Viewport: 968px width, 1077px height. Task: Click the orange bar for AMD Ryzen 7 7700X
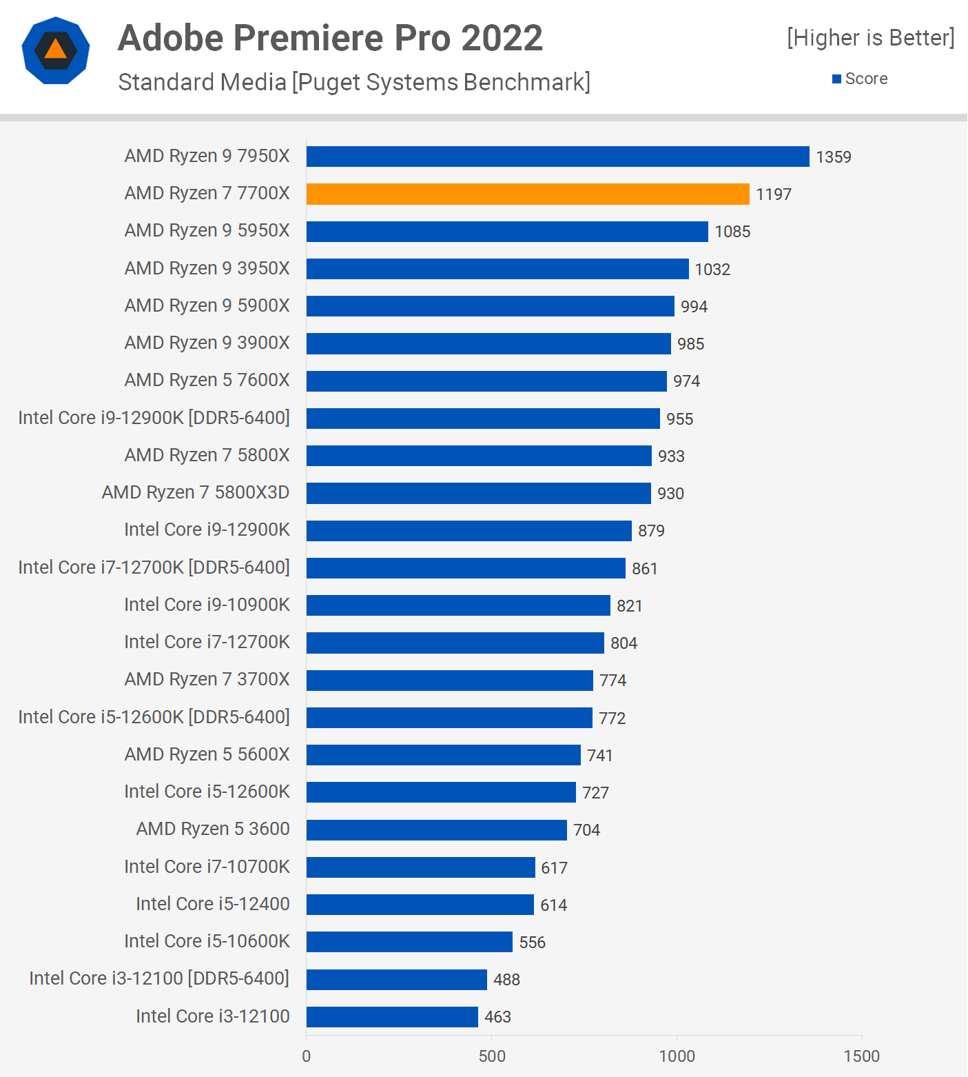click(x=528, y=194)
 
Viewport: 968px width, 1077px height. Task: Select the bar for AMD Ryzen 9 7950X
click(x=557, y=157)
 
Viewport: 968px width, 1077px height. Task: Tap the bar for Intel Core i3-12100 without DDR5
click(x=392, y=1016)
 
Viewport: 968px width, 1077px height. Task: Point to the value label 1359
click(x=834, y=157)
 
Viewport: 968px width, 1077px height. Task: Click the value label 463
click(x=497, y=1017)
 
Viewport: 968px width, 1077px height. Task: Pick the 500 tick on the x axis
click(x=492, y=1056)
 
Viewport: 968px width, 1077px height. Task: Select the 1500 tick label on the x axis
click(x=861, y=1056)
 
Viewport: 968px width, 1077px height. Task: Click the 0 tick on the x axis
click(x=307, y=1056)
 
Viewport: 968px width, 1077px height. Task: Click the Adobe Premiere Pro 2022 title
click(x=330, y=38)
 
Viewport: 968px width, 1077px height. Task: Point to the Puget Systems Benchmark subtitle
click(x=354, y=82)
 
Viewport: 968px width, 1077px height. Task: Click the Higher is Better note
click(x=871, y=38)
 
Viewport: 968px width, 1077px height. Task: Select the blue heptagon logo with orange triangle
click(x=56, y=50)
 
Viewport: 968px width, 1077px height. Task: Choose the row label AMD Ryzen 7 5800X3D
click(x=196, y=492)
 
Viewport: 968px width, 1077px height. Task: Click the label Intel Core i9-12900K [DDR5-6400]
click(x=154, y=418)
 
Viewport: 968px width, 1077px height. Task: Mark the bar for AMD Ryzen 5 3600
click(x=436, y=829)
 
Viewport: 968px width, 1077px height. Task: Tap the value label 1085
click(x=732, y=232)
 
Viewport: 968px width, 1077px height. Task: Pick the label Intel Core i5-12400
click(x=212, y=904)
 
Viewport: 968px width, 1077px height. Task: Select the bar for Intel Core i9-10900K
click(x=458, y=605)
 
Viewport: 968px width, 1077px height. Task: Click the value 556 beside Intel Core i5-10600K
click(x=532, y=943)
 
